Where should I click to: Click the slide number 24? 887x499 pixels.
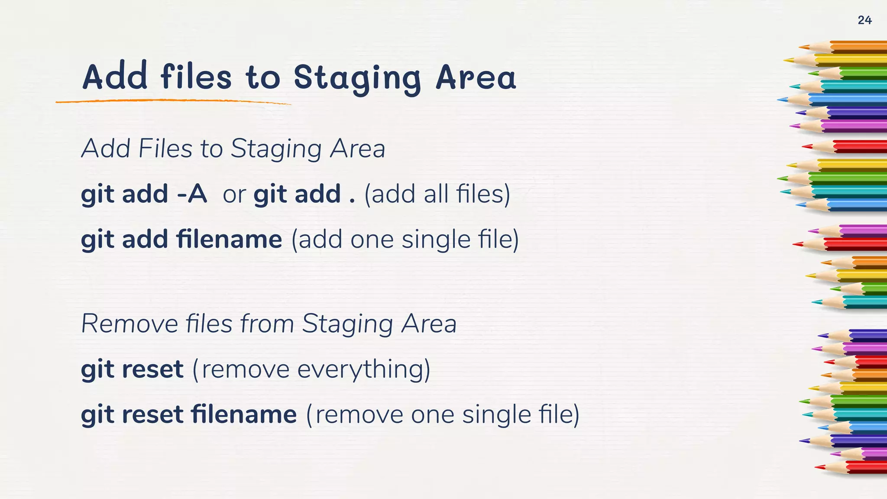click(864, 20)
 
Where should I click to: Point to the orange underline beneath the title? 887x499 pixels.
click(173, 101)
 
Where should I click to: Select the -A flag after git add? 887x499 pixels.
click(192, 194)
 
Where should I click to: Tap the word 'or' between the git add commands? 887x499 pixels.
click(234, 194)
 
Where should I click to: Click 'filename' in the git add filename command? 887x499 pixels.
click(229, 239)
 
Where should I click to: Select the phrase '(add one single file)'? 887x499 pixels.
click(405, 240)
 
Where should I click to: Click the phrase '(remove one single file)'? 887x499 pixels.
click(443, 415)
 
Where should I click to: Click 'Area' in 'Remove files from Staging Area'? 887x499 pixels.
click(429, 324)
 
